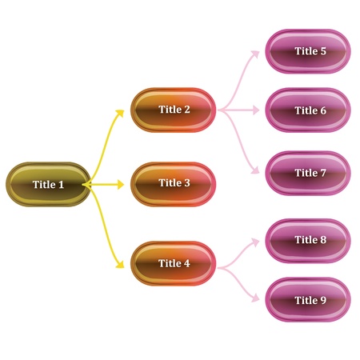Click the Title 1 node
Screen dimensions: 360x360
click(48, 185)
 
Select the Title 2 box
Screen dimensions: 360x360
click(174, 110)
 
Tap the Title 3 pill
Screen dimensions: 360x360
click(174, 183)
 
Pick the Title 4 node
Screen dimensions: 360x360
click(174, 263)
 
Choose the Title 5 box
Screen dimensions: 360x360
click(308, 51)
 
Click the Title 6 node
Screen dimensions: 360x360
click(308, 110)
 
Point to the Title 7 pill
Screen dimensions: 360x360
click(308, 173)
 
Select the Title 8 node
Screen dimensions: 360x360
click(308, 240)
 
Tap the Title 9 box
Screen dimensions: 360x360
click(308, 300)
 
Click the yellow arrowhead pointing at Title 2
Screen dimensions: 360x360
click(121, 110)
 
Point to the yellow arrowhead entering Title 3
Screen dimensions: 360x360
click(121, 184)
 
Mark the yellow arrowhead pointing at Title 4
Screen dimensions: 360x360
click(121, 263)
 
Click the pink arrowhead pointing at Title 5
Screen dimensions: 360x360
click(256, 53)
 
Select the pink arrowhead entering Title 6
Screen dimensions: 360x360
click(256, 110)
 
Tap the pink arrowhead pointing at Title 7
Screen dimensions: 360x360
click(256, 172)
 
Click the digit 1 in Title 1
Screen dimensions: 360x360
click(62, 185)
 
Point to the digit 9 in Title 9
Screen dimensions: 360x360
click(323, 300)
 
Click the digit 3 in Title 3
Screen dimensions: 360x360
click(187, 183)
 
